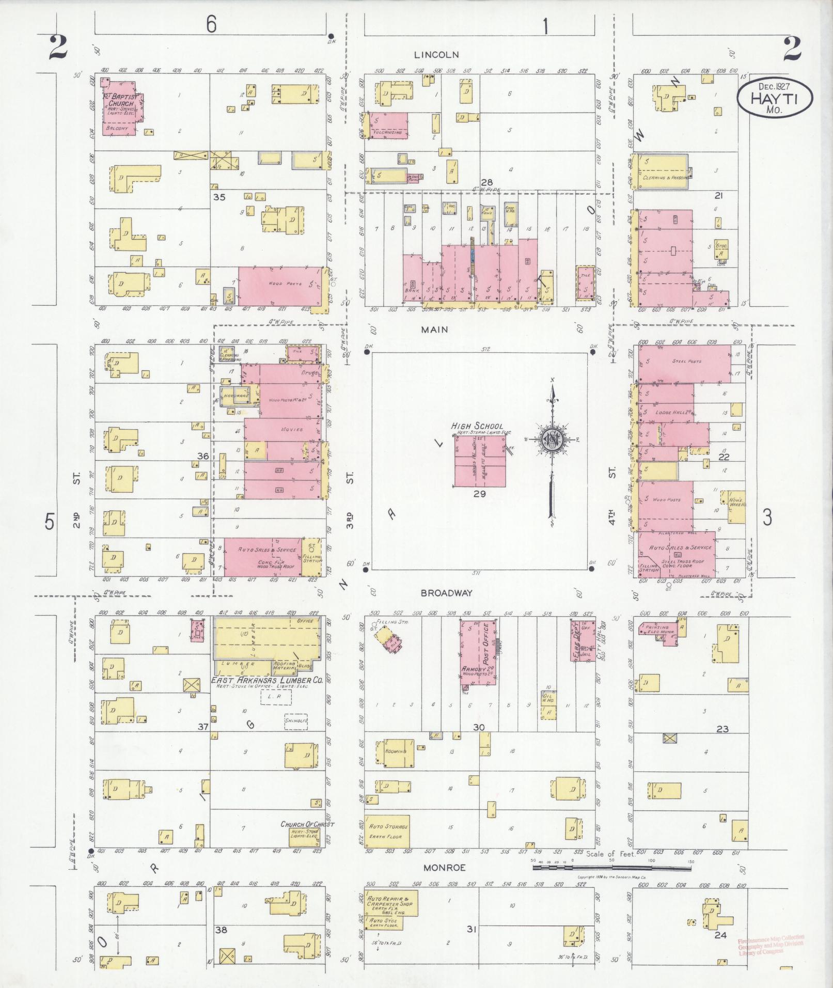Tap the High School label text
(477, 426)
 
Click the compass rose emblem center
(552, 440)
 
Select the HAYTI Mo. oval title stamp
(774, 98)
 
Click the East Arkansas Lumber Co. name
(267, 681)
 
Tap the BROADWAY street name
(446, 593)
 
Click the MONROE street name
(444, 868)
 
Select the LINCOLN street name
(436, 54)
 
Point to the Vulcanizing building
(387, 126)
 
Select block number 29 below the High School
(480, 494)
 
